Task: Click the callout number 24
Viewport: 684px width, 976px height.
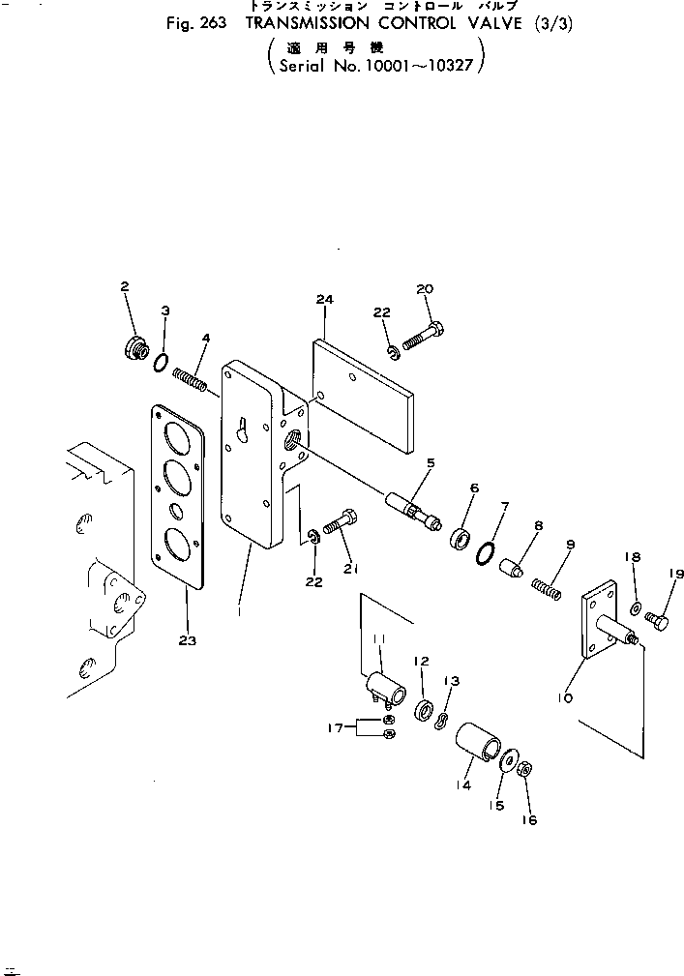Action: (324, 301)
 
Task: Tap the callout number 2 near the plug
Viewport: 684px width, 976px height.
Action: (124, 286)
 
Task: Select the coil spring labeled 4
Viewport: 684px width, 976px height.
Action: (191, 379)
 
